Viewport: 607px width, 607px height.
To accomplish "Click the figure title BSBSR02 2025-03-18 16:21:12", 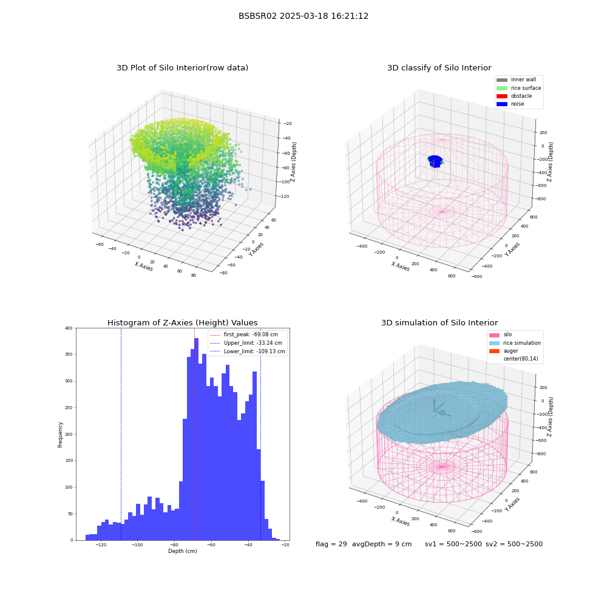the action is (x=303, y=16).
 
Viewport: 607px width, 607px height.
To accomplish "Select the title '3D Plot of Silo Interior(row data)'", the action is (x=182, y=68).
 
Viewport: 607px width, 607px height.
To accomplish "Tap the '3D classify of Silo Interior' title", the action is (x=439, y=68).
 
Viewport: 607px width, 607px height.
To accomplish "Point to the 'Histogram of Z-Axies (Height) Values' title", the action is (x=182, y=323).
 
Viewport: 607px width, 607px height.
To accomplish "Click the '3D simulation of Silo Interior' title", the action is (x=439, y=323).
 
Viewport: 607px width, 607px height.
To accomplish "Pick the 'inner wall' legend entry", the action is (x=517, y=80).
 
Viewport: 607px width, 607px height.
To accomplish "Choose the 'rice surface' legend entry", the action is (x=519, y=88).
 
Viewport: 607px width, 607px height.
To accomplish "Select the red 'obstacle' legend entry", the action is (x=514, y=96).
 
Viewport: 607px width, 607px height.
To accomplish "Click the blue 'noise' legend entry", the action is (x=510, y=104).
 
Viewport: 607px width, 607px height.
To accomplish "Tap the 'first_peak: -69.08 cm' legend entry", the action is (x=244, y=334).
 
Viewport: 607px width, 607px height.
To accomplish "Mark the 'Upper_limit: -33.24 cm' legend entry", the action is (x=246, y=343).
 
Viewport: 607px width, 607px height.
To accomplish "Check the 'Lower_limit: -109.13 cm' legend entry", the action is (x=248, y=351).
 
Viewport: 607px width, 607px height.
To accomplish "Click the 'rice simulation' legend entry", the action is (x=515, y=343).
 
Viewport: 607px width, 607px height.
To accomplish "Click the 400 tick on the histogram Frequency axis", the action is (x=69, y=328).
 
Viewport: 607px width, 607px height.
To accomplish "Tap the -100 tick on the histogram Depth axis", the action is (x=137, y=545).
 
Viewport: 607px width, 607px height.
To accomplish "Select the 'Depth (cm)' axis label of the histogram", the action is (x=183, y=551).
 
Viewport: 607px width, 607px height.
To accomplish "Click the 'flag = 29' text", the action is (x=331, y=544).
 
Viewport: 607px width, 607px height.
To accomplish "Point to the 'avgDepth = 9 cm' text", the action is (x=382, y=544).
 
